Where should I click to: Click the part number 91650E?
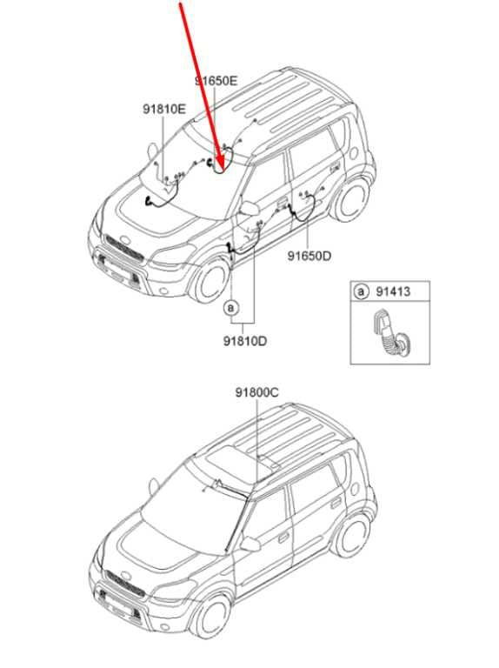216,81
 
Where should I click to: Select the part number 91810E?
164,109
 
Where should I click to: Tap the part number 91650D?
309,256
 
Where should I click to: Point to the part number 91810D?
245,341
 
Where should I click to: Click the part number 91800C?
257,392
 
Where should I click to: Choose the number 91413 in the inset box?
393,291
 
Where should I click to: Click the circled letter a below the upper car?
231,307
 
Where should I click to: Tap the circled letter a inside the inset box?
361,292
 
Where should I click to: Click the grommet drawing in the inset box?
389,331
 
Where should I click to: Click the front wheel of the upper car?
210,280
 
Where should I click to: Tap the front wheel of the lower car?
211,616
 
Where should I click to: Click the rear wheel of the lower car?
353,537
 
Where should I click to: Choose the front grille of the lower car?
125,584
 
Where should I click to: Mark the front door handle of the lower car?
283,538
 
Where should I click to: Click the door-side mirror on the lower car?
250,544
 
